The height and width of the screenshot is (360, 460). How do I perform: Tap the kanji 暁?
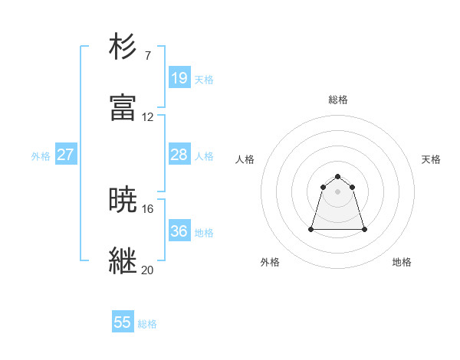click(x=123, y=200)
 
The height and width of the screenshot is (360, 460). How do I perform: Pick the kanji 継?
click(x=123, y=261)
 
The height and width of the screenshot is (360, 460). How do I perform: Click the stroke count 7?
click(x=148, y=55)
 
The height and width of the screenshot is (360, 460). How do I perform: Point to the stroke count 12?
click(x=148, y=117)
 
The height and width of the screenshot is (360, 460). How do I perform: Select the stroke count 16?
click(x=148, y=208)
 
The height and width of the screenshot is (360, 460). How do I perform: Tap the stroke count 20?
click(x=148, y=270)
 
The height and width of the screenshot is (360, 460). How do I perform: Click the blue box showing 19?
click(x=179, y=78)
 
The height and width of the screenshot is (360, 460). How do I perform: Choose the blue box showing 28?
click(x=179, y=155)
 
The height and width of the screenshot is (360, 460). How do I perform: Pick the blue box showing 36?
click(x=179, y=231)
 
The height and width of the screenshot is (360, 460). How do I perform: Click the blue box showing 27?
click(x=66, y=155)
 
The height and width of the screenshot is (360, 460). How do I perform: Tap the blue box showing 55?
click(x=123, y=322)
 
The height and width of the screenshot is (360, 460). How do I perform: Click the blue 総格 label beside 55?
click(x=147, y=324)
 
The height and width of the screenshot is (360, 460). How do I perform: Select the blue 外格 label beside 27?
click(x=41, y=156)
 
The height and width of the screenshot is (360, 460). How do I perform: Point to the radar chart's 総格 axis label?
click(x=338, y=100)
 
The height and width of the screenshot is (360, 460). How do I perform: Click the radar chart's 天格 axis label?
click(x=431, y=159)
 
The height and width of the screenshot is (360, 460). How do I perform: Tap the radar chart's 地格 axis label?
click(x=402, y=262)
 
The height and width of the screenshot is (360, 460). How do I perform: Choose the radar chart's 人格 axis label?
click(x=245, y=159)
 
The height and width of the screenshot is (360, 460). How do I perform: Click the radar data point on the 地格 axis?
click(x=364, y=229)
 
